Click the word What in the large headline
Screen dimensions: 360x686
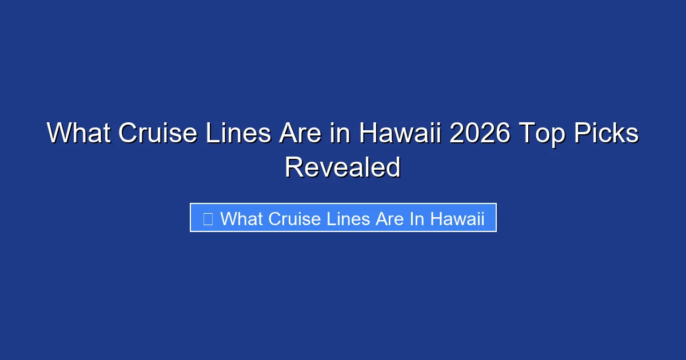point(78,134)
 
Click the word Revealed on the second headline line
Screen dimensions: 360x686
point(343,167)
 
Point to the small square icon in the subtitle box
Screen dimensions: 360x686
point(208,219)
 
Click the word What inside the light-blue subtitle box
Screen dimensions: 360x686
point(241,219)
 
